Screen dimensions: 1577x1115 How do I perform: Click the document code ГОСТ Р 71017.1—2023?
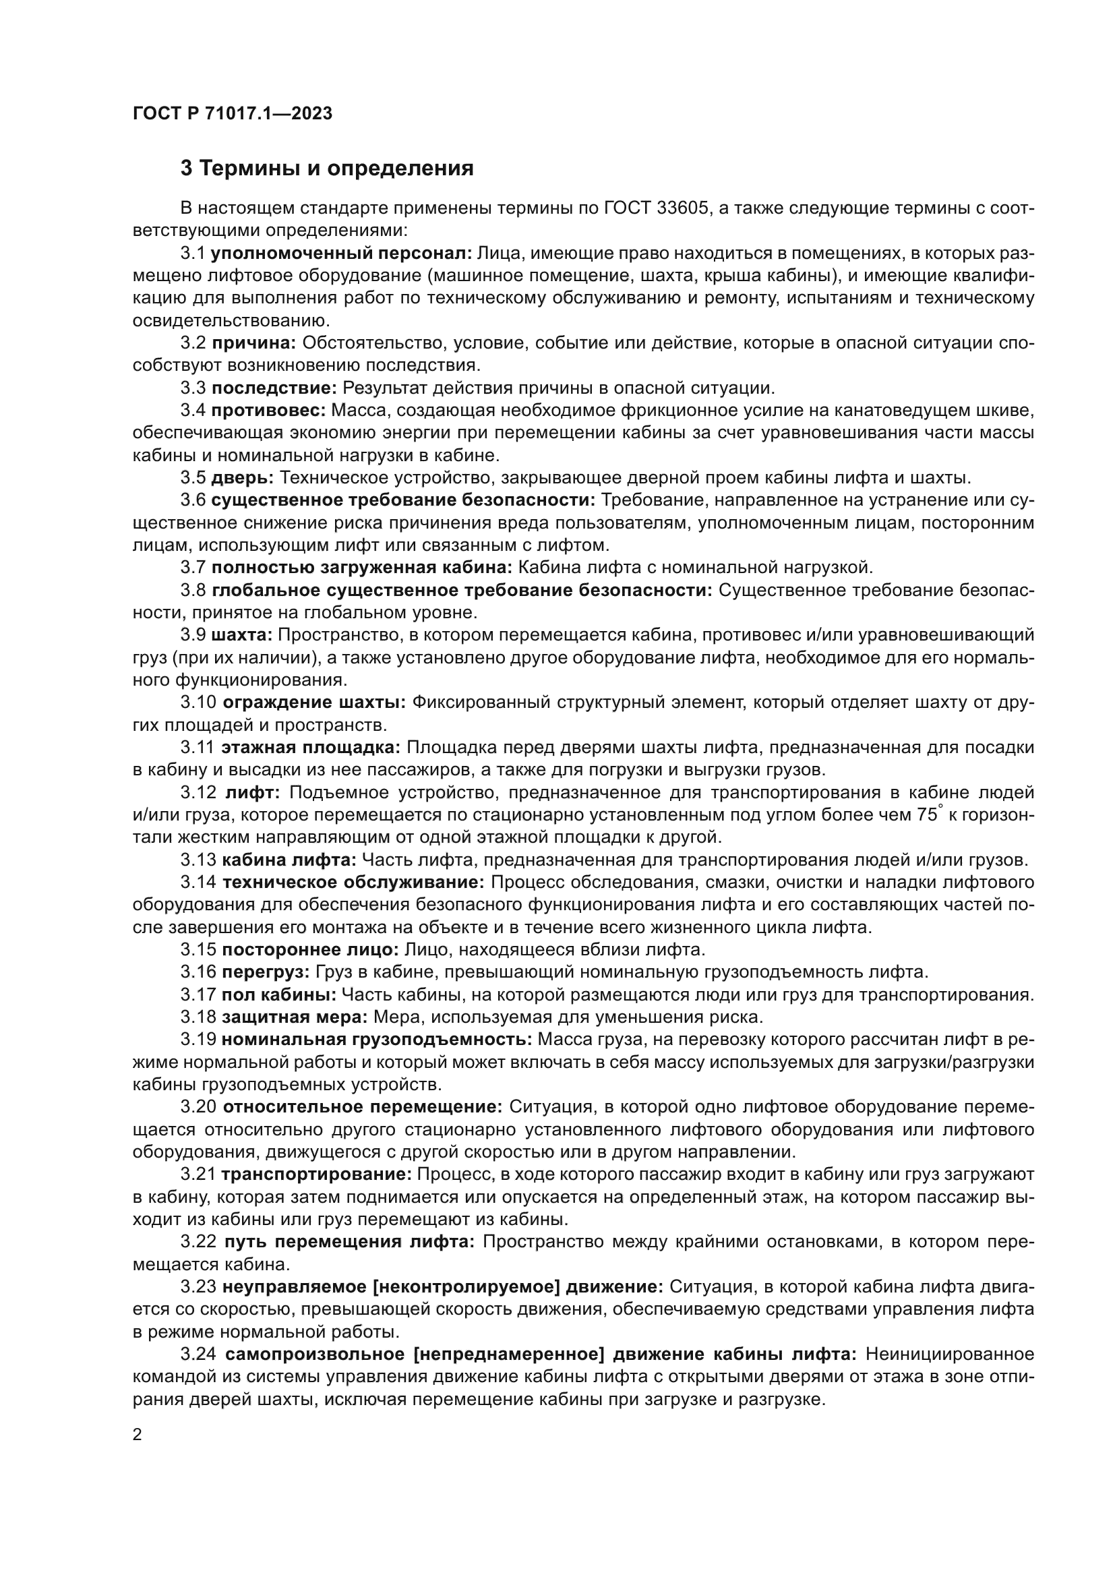point(232,113)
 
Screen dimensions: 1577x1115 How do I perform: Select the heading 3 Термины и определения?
point(327,169)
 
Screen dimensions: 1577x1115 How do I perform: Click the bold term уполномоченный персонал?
point(340,254)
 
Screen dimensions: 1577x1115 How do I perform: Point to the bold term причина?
point(253,343)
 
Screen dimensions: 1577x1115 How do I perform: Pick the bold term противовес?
point(268,411)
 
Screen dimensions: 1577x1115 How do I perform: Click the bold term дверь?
point(243,477)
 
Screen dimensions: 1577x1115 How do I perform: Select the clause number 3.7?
point(193,567)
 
